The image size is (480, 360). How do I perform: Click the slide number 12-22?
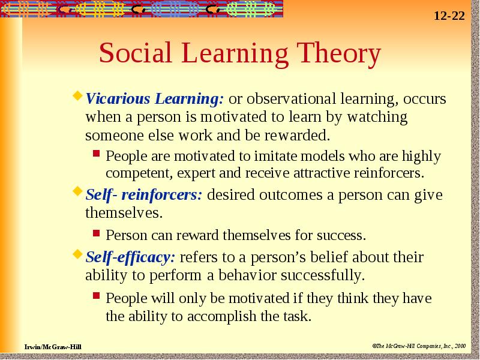pos(449,16)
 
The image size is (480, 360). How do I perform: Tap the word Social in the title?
pos(136,52)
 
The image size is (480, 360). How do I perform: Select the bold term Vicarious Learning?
pos(155,99)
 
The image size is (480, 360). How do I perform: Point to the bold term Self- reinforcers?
pos(144,194)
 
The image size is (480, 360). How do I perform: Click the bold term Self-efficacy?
pos(130,257)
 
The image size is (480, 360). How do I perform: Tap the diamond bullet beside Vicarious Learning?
pos(77,95)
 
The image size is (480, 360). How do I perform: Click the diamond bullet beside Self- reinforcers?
pos(77,191)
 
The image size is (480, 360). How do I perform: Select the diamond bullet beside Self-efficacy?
pos(77,254)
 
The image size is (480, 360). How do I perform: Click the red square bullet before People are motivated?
pos(97,153)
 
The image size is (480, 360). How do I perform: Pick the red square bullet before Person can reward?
pos(97,233)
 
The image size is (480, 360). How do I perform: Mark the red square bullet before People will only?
pos(97,295)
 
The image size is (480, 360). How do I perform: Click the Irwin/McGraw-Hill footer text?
pos(53,347)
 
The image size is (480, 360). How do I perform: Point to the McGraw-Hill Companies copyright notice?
pos(419,346)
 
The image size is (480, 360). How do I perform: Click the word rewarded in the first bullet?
pos(298,136)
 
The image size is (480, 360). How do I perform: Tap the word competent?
pos(141,173)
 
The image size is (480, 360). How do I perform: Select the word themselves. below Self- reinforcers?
pos(124,212)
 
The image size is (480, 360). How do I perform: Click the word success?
pos(341,235)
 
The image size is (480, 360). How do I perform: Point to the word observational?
pos(291,98)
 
